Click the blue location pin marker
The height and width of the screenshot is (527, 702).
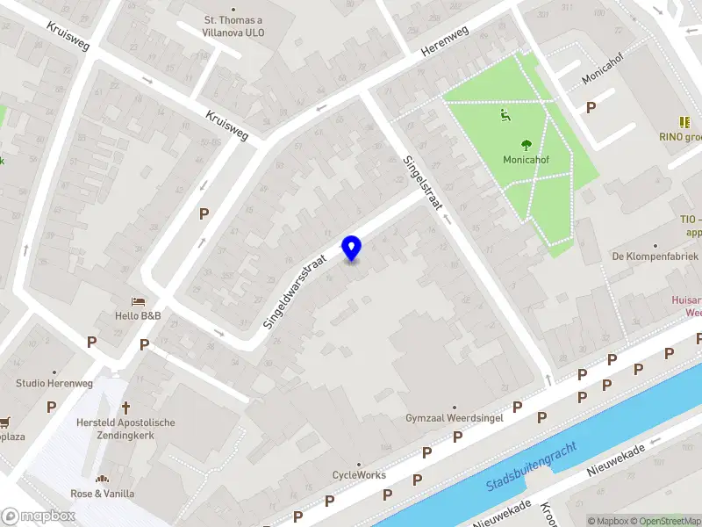(352, 249)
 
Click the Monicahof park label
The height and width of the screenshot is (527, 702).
(526, 161)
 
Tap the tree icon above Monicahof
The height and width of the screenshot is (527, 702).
(526, 145)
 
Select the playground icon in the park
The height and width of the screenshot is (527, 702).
(503, 114)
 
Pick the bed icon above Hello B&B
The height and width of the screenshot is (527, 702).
(138, 301)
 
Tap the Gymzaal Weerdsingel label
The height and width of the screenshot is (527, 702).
(454, 418)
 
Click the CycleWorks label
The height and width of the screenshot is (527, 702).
(359, 475)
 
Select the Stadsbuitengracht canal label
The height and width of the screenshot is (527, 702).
(532, 466)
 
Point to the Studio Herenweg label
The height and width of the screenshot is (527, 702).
(54, 384)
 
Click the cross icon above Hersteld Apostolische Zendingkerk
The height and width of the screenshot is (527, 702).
(126, 408)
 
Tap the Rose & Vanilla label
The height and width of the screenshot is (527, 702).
(103, 494)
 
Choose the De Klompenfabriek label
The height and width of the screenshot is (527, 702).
(655, 256)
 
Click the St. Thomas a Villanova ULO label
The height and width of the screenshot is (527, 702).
(233, 26)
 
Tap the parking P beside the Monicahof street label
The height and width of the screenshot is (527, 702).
(591, 107)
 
